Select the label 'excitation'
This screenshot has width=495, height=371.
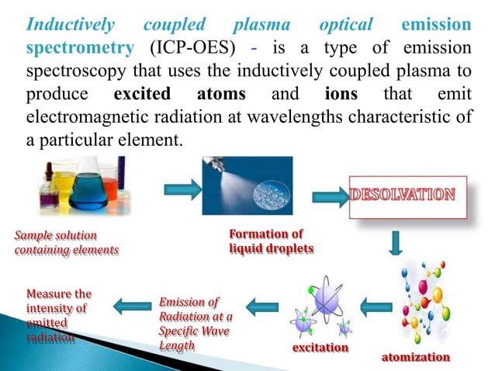pyautogui.click(x=320, y=347)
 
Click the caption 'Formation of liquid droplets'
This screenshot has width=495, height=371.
pyautogui.click(x=266, y=241)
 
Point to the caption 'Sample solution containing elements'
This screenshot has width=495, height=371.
pyautogui.click(x=67, y=241)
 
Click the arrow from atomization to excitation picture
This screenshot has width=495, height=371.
pyautogui.click(x=377, y=308)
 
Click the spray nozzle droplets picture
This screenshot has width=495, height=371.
pyautogui.click(x=247, y=185)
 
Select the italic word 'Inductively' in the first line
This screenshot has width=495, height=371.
pyautogui.click(x=71, y=23)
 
